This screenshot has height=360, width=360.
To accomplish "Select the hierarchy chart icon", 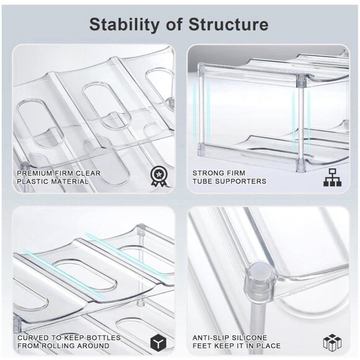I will point(333,177).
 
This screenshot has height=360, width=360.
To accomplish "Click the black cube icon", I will point(158,341).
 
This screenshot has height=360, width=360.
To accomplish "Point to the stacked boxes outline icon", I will point(332,341).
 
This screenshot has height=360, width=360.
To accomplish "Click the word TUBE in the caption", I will point(203,181).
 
